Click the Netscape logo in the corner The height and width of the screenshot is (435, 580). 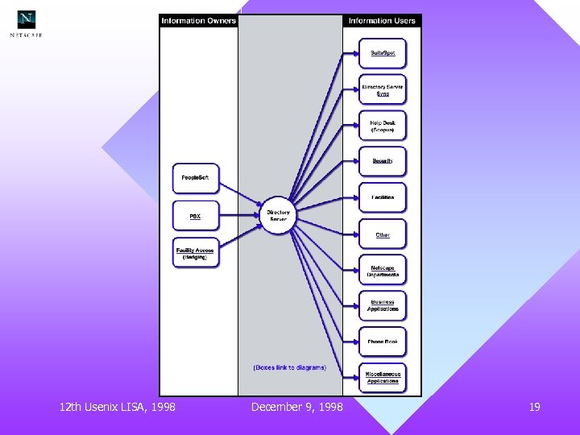tap(27, 23)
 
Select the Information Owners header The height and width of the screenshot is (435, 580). tap(198, 21)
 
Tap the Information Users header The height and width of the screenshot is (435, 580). tap(382, 21)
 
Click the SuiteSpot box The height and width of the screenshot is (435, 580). tap(383, 53)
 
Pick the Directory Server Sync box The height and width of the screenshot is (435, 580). tap(383, 89)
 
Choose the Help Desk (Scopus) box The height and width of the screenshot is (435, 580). tap(383, 126)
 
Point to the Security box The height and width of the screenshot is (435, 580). tap(383, 161)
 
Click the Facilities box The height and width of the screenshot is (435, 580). tap(383, 197)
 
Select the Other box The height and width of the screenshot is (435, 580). tap(383, 234)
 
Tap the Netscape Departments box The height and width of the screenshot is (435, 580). tap(383, 271)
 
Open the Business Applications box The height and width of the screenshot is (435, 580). tap(383, 306)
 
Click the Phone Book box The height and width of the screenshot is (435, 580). tap(383, 342)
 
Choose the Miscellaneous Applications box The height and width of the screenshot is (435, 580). tap(383, 377)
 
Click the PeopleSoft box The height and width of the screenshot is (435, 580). tap(196, 178)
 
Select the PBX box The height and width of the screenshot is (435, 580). tap(196, 216)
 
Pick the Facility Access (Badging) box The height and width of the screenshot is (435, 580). tap(196, 253)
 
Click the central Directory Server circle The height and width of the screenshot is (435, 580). tap(278, 216)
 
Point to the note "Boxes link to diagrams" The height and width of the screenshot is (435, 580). tap(290, 367)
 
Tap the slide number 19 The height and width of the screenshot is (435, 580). tap(534, 408)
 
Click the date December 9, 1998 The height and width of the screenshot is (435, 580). tap(296, 408)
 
